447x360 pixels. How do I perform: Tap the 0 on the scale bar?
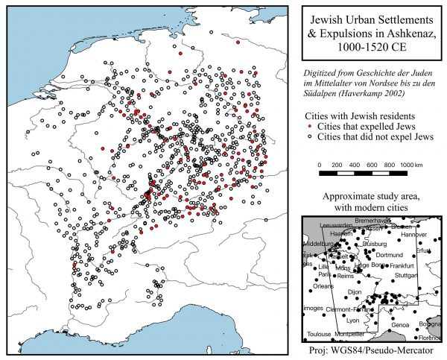coord(320,163)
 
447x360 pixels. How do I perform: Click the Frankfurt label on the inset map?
coord(401,266)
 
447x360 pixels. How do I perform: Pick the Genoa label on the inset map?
coord(400,325)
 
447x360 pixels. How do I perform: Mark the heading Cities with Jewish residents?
coord(361,117)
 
